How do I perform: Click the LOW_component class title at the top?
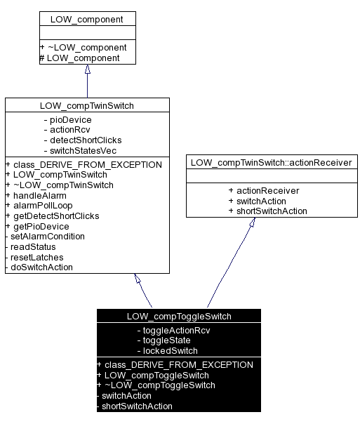tap(87, 18)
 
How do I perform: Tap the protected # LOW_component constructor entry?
tap(79, 58)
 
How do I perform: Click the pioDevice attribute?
tap(67, 119)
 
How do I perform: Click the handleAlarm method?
tap(36, 195)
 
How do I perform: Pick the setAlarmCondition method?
tap(47, 237)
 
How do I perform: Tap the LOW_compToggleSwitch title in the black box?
tap(179, 316)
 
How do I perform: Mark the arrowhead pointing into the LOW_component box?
tap(87, 70)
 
